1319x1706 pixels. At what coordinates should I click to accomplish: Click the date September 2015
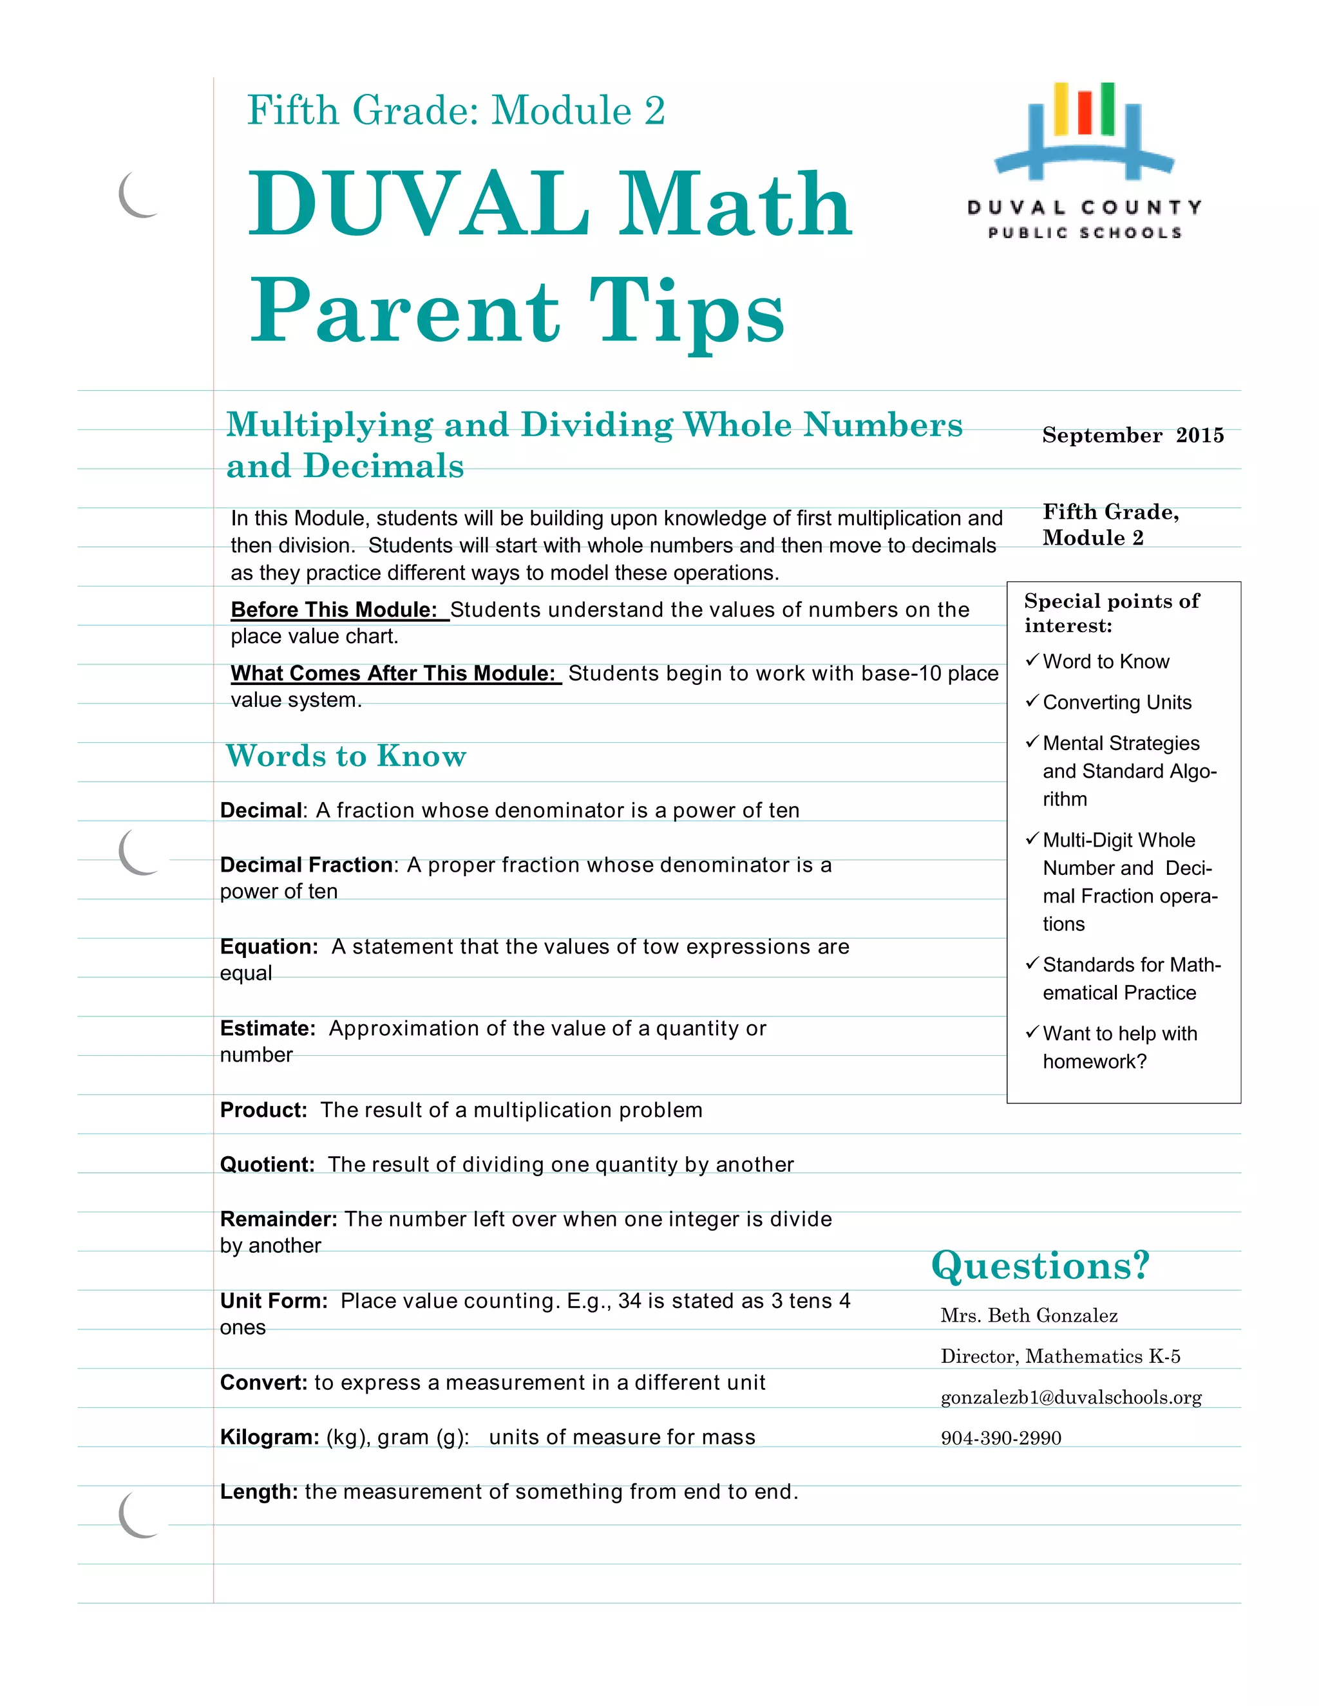click(x=1132, y=435)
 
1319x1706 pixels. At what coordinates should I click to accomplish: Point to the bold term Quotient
click(x=267, y=1165)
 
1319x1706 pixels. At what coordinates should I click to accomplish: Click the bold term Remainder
click(x=278, y=1219)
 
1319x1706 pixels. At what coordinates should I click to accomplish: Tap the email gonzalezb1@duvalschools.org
click(x=1070, y=1398)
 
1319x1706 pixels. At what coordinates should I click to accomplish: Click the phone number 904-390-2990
click(x=1000, y=1438)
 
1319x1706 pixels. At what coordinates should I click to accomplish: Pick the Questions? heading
click(x=1040, y=1266)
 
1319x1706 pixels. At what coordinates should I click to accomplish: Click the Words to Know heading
click(x=346, y=756)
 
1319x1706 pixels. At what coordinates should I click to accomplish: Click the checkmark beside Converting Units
click(x=1032, y=700)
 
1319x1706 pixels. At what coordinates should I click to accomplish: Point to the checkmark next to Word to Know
click(x=1032, y=660)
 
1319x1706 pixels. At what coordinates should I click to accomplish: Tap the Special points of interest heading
click(x=1110, y=613)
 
